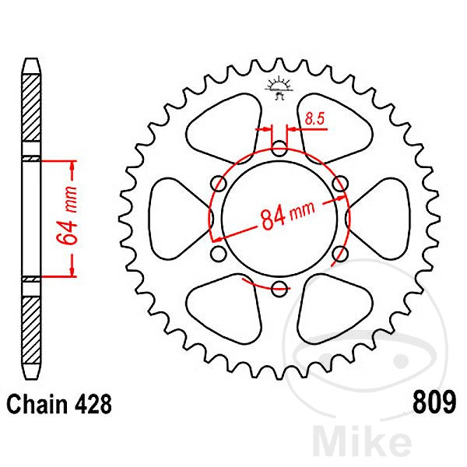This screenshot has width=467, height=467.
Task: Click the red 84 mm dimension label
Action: tap(287, 215)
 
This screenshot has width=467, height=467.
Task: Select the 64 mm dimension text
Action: tap(67, 216)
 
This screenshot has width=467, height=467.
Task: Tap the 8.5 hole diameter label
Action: tap(314, 119)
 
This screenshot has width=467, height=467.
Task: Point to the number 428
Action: tap(93, 405)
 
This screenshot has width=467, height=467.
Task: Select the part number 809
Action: tap(434, 402)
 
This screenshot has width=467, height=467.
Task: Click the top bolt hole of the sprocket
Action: tap(279, 149)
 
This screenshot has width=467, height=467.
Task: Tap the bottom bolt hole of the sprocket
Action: tap(279, 289)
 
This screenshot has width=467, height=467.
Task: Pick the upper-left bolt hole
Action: tap(219, 184)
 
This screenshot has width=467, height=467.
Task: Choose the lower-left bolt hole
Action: tap(219, 254)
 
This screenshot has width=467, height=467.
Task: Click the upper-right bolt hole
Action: tap(340, 184)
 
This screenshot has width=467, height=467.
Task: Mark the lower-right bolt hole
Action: tap(340, 254)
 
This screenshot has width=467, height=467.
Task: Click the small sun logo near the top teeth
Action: tap(279, 87)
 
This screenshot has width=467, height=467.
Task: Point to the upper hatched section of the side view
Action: tap(31, 108)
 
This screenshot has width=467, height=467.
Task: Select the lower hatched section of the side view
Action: tap(31, 330)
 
